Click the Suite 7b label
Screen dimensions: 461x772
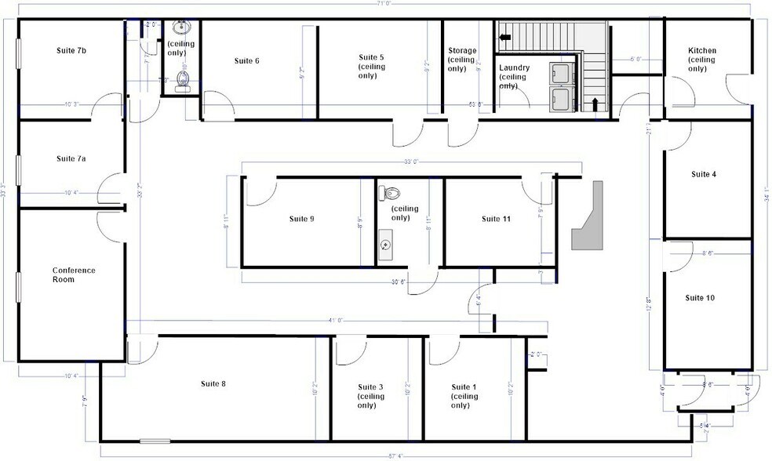[71, 50]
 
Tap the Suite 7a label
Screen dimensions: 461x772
[71, 158]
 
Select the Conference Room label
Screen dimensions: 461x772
[74, 274]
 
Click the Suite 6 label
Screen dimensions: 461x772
[247, 60]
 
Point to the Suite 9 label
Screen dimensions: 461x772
[301, 219]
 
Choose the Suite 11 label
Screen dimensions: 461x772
[496, 219]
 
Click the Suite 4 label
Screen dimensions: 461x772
[702, 174]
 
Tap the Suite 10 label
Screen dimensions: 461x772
[700, 298]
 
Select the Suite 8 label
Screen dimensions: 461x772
[213, 383]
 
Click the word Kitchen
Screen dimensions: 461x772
[702, 51]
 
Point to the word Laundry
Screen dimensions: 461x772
[515, 67]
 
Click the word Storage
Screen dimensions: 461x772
[462, 51]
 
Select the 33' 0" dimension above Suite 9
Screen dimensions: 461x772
[411, 162]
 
